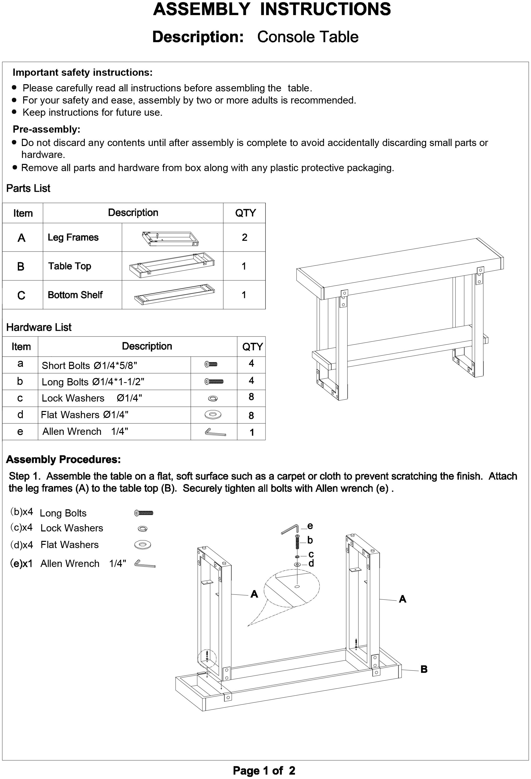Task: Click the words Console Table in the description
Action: tap(307, 37)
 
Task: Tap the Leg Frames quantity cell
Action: tap(244, 237)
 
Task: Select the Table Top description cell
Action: tap(70, 266)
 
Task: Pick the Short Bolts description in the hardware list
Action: tap(89, 365)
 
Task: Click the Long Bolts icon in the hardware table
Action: tap(214, 381)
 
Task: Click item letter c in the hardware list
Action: tap(20, 398)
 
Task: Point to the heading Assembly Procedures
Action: tap(63, 459)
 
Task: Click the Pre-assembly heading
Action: tap(47, 129)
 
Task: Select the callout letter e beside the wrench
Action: tap(310, 526)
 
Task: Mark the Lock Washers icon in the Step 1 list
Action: tap(143, 529)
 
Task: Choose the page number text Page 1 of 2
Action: tap(264, 771)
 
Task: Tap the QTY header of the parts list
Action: tap(245, 213)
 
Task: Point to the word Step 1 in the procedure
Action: tap(25, 476)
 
